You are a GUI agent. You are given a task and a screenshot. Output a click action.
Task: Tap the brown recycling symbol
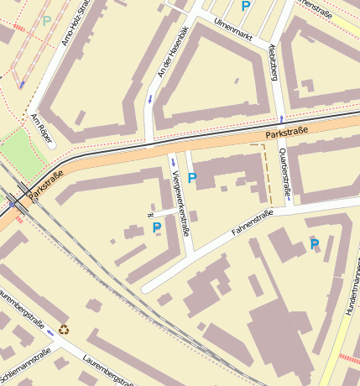coord(64,330)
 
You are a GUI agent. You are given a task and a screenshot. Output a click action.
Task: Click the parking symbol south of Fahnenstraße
coord(315,244)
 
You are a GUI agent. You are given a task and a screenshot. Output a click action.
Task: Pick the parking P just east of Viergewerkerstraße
coord(192,178)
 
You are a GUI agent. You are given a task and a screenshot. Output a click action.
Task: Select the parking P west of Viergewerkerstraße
coord(156,227)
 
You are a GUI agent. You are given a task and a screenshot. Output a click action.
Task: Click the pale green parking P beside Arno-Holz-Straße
coord(46,20)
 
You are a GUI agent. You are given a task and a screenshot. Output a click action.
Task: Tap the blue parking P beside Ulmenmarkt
coord(245,6)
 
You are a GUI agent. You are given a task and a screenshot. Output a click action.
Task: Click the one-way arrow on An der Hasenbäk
coord(150,100)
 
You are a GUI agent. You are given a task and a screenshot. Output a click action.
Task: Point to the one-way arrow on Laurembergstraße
coord(51,333)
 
